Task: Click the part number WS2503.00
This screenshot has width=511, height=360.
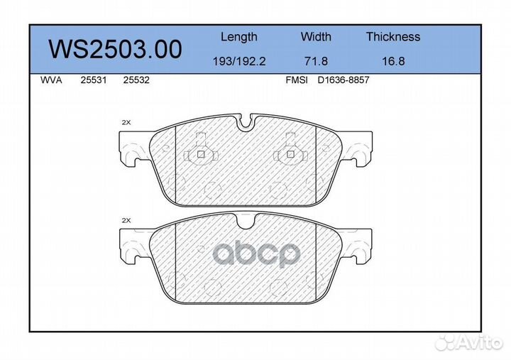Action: click(114, 49)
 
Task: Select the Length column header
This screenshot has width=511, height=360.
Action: click(238, 37)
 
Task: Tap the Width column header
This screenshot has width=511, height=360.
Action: click(316, 37)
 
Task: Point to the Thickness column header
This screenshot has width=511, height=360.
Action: click(392, 37)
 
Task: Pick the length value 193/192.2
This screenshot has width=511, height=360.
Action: click(238, 61)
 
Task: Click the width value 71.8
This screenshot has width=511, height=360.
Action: click(316, 61)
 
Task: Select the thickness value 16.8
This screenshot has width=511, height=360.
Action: click(392, 61)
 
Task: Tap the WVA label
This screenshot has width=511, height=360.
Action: click(52, 80)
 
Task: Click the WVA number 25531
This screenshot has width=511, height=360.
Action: click(93, 80)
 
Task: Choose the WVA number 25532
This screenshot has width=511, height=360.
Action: click(136, 80)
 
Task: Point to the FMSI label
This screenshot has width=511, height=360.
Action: click(296, 80)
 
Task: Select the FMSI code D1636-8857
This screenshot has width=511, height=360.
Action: click(344, 80)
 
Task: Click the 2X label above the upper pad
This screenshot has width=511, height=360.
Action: click(126, 122)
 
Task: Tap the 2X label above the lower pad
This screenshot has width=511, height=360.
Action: click(126, 221)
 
